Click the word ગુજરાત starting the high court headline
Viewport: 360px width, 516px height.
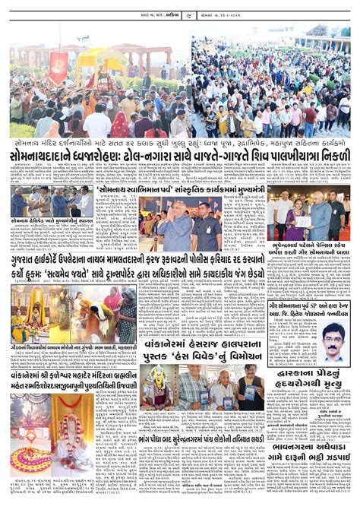[27, 261]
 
